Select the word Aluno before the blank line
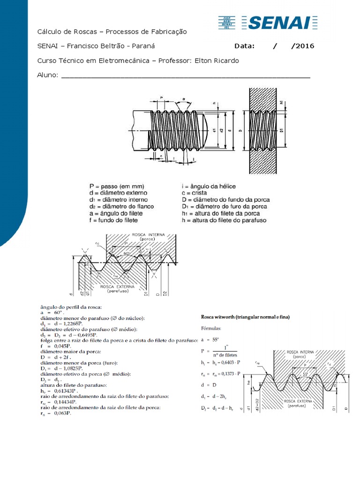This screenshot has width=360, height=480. tap(47, 75)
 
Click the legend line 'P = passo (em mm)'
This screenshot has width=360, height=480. tap(117, 186)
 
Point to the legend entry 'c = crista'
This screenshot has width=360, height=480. tap(194, 193)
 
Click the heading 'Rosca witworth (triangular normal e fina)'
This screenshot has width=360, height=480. tap(245, 317)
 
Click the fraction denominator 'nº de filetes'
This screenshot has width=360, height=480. tap(224, 355)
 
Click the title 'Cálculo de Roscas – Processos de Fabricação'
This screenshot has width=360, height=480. tap(112, 31)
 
